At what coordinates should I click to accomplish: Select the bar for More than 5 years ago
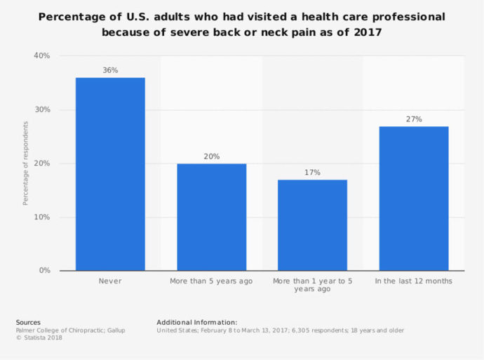tap(211, 217)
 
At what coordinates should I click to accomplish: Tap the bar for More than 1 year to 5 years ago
tap(312, 225)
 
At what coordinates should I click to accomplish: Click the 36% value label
tap(110, 70)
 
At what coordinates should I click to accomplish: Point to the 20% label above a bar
tap(211, 156)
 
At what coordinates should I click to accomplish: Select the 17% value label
tap(312, 173)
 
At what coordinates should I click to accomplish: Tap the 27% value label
tap(413, 119)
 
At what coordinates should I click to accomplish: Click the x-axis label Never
tap(110, 281)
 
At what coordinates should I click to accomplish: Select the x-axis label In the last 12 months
tap(413, 281)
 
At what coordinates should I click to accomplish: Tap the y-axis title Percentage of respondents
tap(25, 164)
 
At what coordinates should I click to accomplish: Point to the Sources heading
tap(28, 323)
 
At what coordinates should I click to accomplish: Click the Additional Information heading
tap(197, 323)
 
